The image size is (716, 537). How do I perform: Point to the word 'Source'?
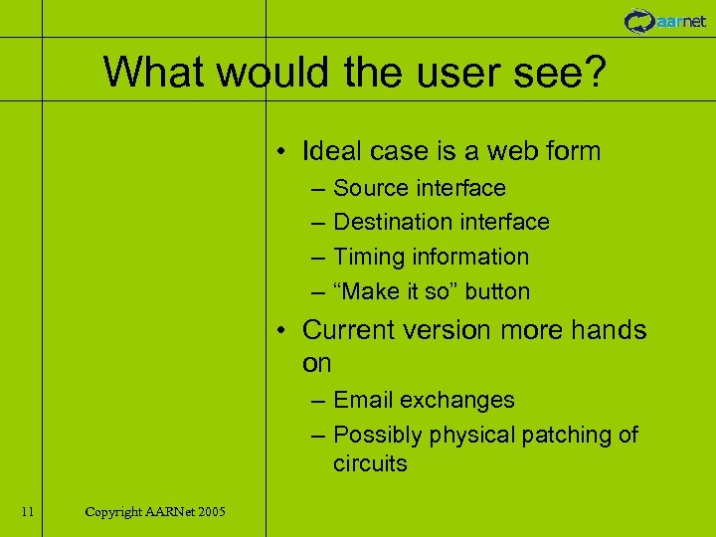point(371,188)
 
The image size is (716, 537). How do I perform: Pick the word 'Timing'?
point(366,257)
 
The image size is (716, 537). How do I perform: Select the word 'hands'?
point(608,330)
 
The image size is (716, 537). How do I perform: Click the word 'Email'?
point(363,400)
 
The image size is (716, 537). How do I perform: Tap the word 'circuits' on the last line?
point(370,464)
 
